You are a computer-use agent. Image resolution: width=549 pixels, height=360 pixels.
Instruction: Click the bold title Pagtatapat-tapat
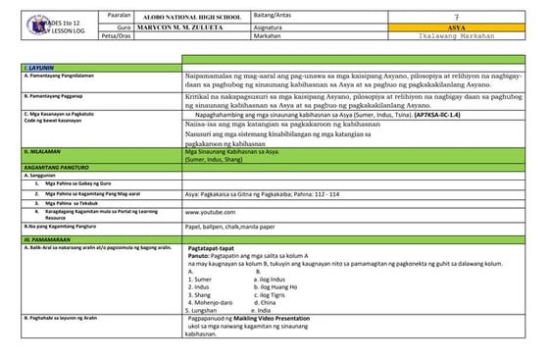[x=213, y=249]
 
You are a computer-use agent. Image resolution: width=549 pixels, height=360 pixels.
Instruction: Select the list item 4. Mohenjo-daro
[x=208, y=302]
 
